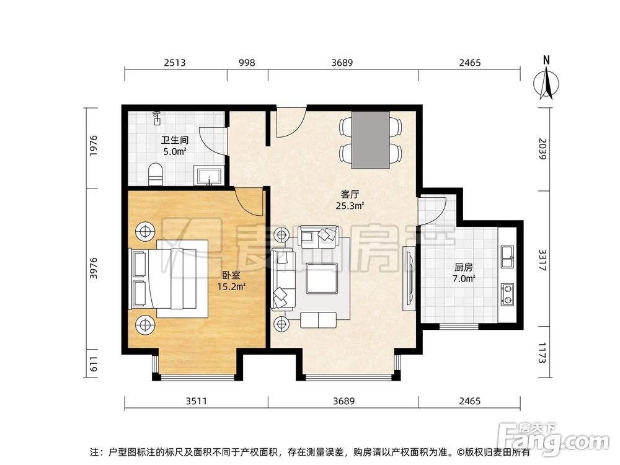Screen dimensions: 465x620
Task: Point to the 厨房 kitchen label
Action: [x=464, y=268]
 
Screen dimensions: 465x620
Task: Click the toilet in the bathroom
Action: [x=156, y=173]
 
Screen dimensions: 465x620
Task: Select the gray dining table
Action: [x=371, y=140]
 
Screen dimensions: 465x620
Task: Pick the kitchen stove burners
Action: [x=507, y=293]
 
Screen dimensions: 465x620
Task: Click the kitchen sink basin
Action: [x=507, y=255]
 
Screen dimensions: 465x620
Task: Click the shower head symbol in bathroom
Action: [x=157, y=115]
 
